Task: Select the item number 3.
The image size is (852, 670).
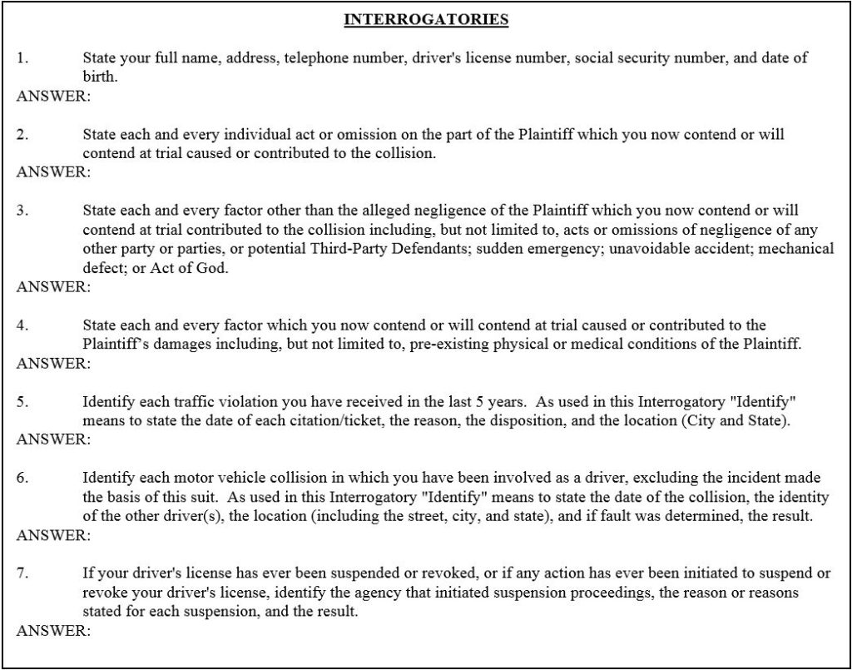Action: [x=22, y=211]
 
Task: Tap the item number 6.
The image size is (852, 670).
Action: [x=22, y=478]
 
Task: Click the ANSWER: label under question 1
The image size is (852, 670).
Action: [x=53, y=96]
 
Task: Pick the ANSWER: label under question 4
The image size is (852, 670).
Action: [x=53, y=363]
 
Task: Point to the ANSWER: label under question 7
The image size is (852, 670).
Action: [x=53, y=630]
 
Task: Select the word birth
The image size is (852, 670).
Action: [x=100, y=77]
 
